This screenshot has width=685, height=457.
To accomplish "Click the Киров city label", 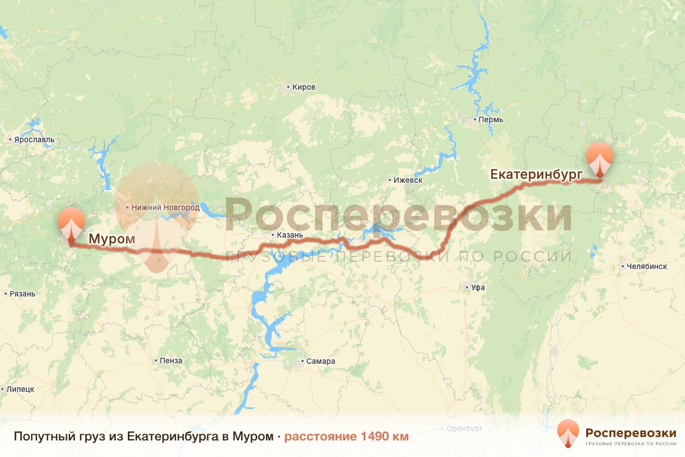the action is point(303,87).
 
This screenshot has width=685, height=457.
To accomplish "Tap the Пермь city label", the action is point(491,120).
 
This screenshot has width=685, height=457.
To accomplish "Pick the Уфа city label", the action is point(478,287).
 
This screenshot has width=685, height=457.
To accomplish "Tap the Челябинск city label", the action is point(646,266).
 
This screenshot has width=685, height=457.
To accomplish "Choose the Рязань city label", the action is point(22,294).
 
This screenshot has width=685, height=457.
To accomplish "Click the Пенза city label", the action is point(171,360).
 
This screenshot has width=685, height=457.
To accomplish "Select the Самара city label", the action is point(320,361).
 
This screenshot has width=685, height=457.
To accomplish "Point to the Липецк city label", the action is point(21,389).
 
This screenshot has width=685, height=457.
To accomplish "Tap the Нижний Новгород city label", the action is point(166,207).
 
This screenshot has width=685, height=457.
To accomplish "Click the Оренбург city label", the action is point(465,428).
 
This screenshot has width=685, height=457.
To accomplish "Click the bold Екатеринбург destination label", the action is point(536,174).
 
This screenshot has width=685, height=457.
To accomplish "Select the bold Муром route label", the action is point(111,239).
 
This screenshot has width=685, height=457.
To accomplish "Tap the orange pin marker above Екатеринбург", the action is point(600,159).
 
